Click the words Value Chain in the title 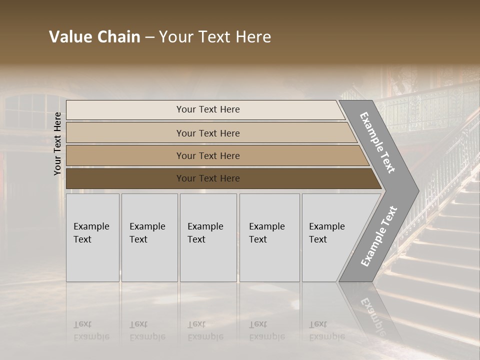94,37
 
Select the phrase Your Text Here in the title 215,37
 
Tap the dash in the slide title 149,37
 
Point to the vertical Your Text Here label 57,143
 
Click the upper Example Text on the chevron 377,142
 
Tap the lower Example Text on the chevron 378,236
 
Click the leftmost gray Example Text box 92,237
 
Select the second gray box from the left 149,237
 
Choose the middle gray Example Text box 208,237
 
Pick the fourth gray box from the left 269,237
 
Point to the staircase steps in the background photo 440,250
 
